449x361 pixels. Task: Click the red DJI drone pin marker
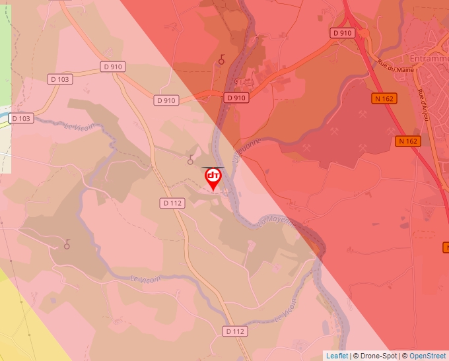[x=213, y=178]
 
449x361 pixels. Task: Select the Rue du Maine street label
[x=392, y=65]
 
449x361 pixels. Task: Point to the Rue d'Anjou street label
[x=423, y=103]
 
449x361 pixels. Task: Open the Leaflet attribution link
[x=337, y=356]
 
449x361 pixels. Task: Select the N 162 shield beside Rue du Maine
[x=384, y=98]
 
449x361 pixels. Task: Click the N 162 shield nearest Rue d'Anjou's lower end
[x=408, y=141]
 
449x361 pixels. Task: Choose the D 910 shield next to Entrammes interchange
[x=343, y=32]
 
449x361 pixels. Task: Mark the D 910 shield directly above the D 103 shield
[x=114, y=67]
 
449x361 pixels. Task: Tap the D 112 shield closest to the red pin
[x=172, y=203]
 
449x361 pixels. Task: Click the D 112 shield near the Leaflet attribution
[x=234, y=331]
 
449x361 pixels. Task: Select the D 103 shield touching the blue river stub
[x=20, y=118]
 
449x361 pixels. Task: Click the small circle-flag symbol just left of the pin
[x=191, y=159]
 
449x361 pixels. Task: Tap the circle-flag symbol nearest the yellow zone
[x=66, y=246]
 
